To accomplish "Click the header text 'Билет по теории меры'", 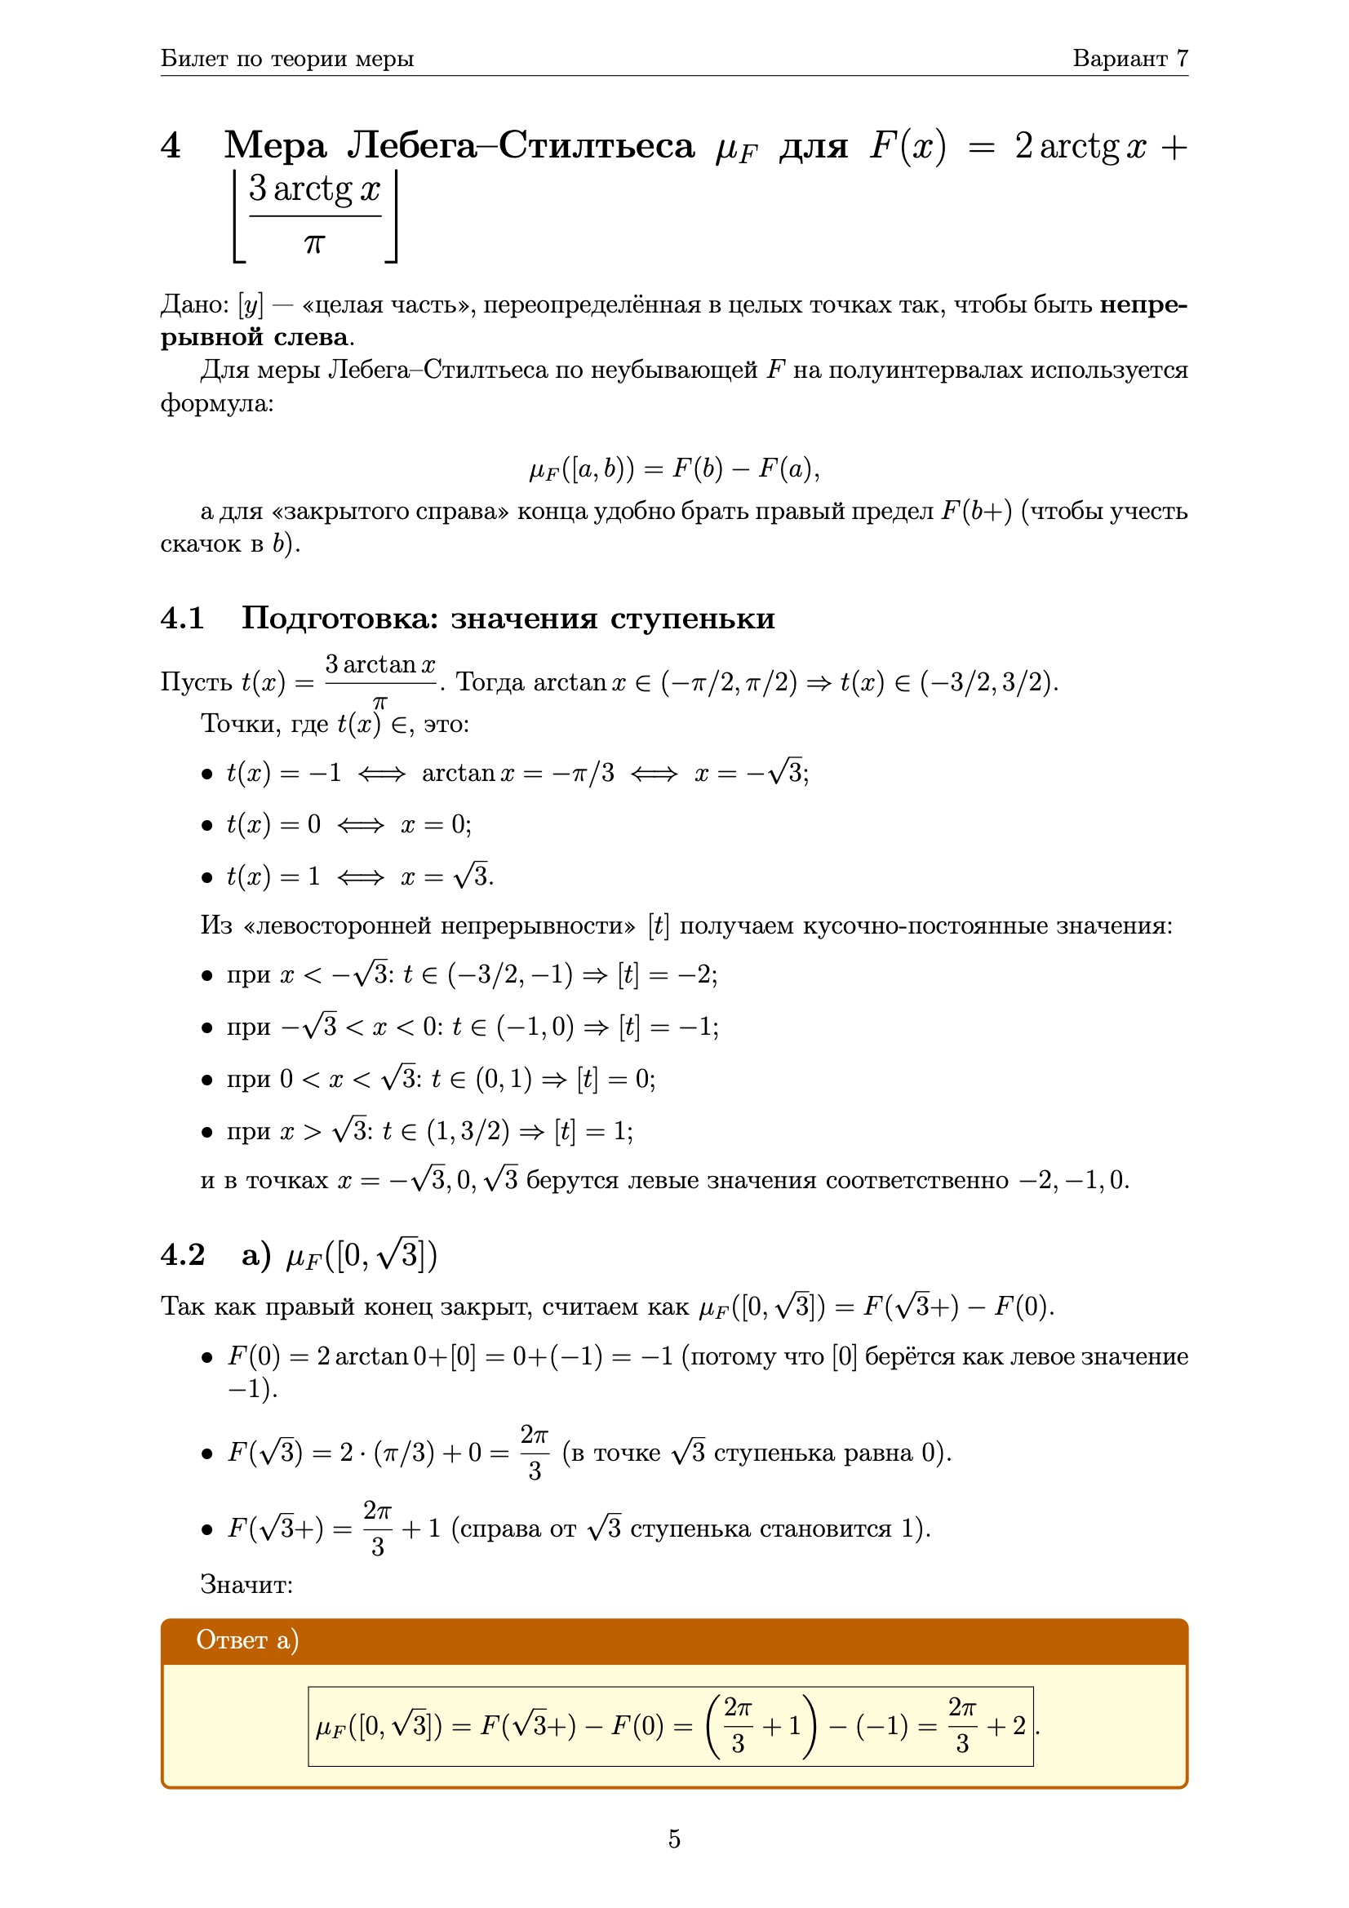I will pyautogui.click(x=286, y=58).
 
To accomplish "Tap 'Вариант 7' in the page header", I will pyautogui.click(x=1129, y=58).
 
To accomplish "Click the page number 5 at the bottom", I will pyautogui.click(x=674, y=1838).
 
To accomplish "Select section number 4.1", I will pyautogui.click(x=182, y=619).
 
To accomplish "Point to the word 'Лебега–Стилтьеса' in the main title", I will pyautogui.click(x=521, y=146).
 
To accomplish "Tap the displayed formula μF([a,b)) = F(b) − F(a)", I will pyautogui.click(x=674, y=469).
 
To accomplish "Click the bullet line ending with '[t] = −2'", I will pyautogui.click(x=471, y=974).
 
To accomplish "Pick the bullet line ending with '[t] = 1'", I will pyautogui.click(x=430, y=1130).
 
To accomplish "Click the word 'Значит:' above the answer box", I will pyautogui.click(x=246, y=1585).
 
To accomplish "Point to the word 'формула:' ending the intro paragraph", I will pyautogui.click(x=217, y=404).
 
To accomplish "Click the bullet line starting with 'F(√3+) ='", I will pyautogui.click(x=579, y=1529).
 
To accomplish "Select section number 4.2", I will pyautogui.click(x=182, y=1255).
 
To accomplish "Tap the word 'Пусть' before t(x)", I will pyautogui.click(x=196, y=682).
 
